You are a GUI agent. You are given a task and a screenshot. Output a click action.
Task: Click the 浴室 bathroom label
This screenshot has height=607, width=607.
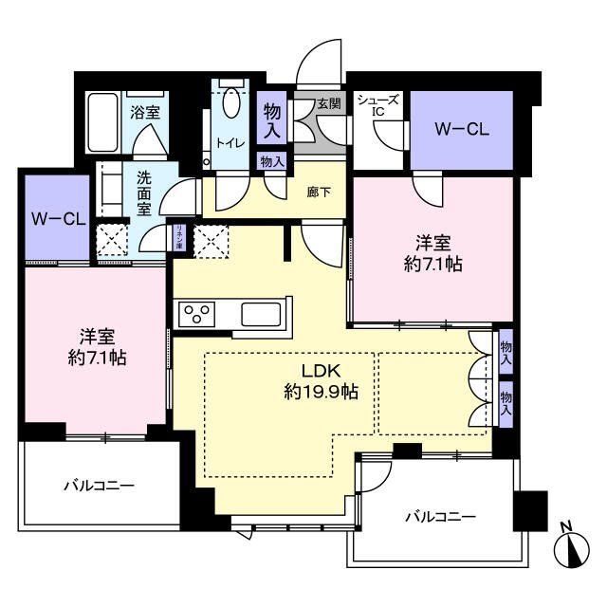(x=145, y=112)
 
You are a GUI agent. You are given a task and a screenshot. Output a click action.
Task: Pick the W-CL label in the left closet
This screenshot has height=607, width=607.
(x=57, y=218)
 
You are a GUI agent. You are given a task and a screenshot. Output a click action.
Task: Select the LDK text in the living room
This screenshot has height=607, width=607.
(x=321, y=371)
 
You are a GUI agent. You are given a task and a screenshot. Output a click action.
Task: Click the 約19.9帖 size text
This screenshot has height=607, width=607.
(x=321, y=391)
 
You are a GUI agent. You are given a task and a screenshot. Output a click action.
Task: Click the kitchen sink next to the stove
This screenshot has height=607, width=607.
(x=260, y=312)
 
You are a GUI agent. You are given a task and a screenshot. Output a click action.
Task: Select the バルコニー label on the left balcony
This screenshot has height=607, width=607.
(x=99, y=485)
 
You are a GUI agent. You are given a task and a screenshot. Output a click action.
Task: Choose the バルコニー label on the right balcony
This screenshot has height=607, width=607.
(x=439, y=517)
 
